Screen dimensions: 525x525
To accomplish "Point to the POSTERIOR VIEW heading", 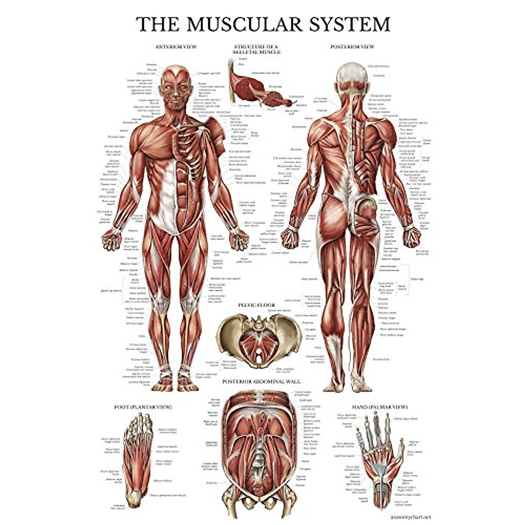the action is tap(352, 46).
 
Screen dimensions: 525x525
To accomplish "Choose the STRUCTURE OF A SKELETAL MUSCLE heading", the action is tap(257, 49).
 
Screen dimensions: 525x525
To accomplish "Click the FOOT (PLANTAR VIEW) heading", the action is tap(143, 407).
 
